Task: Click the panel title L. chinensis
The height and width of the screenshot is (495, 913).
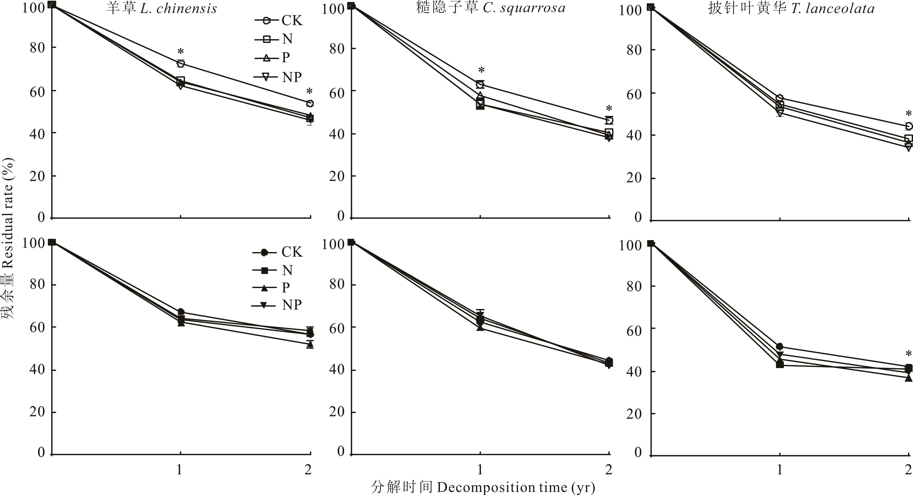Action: coord(162,9)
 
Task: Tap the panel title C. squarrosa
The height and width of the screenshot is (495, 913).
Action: coord(491,8)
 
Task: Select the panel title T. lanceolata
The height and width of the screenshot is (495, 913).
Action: coord(791,9)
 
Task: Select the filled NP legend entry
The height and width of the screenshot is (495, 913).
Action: coord(277,305)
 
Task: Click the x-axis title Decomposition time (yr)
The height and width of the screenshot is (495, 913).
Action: coord(483,487)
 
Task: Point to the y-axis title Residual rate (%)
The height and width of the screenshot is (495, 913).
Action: coord(8,238)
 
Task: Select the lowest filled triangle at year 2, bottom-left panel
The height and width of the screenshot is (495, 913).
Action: coord(310,344)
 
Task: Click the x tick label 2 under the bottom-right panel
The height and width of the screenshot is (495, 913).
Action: coord(908,470)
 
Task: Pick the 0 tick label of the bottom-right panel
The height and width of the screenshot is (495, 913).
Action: coord(638,453)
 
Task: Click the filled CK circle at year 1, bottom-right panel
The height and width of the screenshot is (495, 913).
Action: coord(779,347)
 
